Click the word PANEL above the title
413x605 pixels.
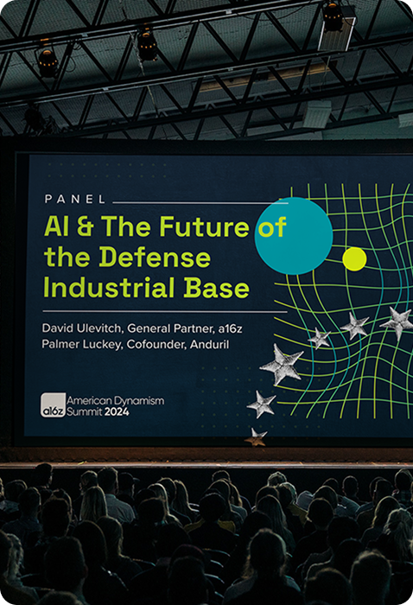(x=75, y=199)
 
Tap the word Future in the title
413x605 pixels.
(x=205, y=226)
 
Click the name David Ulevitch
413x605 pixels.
(x=82, y=328)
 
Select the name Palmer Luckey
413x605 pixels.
(x=81, y=345)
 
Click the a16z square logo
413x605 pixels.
(x=54, y=405)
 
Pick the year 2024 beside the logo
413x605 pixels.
(x=117, y=412)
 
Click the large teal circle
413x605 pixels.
(x=294, y=236)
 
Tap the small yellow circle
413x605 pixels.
(x=354, y=259)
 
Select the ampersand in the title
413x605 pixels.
(x=85, y=226)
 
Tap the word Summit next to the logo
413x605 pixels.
(x=85, y=412)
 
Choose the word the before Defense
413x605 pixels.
(x=68, y=257)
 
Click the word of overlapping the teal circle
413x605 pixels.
(x=272, y=226)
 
